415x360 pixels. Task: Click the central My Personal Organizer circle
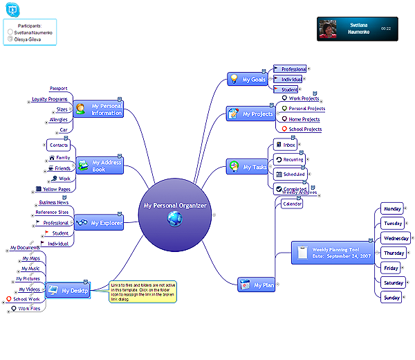coord(175,210)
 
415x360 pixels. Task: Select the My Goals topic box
coord(247,80)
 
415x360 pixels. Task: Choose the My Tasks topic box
coord(247,167)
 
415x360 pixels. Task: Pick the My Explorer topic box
coord(98,223)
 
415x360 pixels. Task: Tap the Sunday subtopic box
coord(392,297)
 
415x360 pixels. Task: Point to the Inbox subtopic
coord(286,145)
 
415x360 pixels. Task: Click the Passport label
coord(58,89)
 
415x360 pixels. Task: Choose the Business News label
coord(53,202)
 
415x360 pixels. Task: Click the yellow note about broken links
coord(143,291)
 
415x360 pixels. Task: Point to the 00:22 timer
coord(385,28)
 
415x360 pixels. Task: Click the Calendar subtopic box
coord(292,204)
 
